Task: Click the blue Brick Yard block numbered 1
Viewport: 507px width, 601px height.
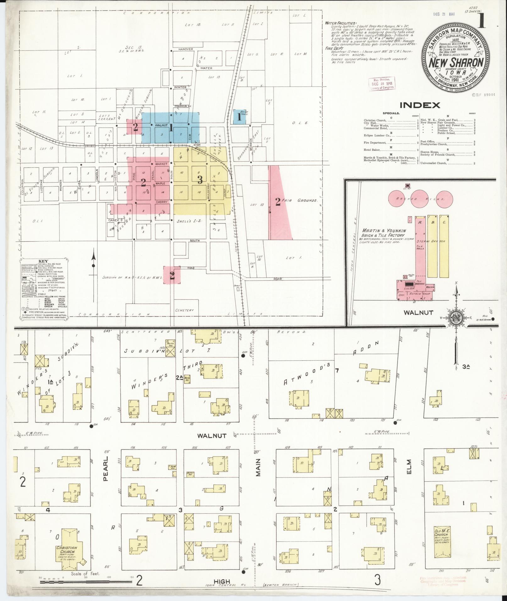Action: click(240, 117)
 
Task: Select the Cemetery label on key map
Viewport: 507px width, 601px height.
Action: click(185, 310)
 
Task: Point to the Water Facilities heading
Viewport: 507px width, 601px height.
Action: click(341, 23)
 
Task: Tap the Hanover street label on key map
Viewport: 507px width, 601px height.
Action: click(185, 49)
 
